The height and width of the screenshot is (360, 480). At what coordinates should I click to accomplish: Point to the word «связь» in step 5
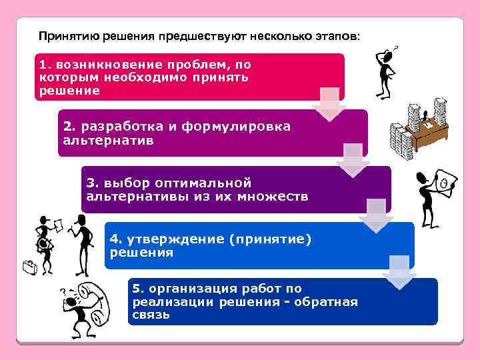point(151,315)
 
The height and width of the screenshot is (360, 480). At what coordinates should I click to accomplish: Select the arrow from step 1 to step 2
point(329,105)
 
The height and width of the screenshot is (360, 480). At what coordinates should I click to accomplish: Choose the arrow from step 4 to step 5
point(399,272)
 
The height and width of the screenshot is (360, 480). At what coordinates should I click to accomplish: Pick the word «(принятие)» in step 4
point(269,238)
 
